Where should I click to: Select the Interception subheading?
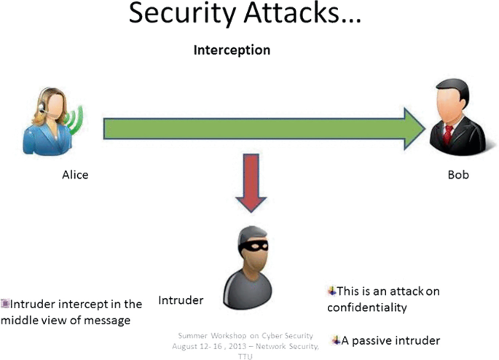pyautogui.click(x=231, y=50)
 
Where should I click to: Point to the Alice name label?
pyautogui.click(x=75, y=175)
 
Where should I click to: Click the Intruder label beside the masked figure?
pyautogui.click(x=181, y=300)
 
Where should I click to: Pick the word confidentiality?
pyautogui.click(x=366, y=308)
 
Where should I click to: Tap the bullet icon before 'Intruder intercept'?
pyautogui.click(x=5, y=304)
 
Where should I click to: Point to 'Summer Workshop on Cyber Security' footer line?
pyautogui.click(x=245, y=335)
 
